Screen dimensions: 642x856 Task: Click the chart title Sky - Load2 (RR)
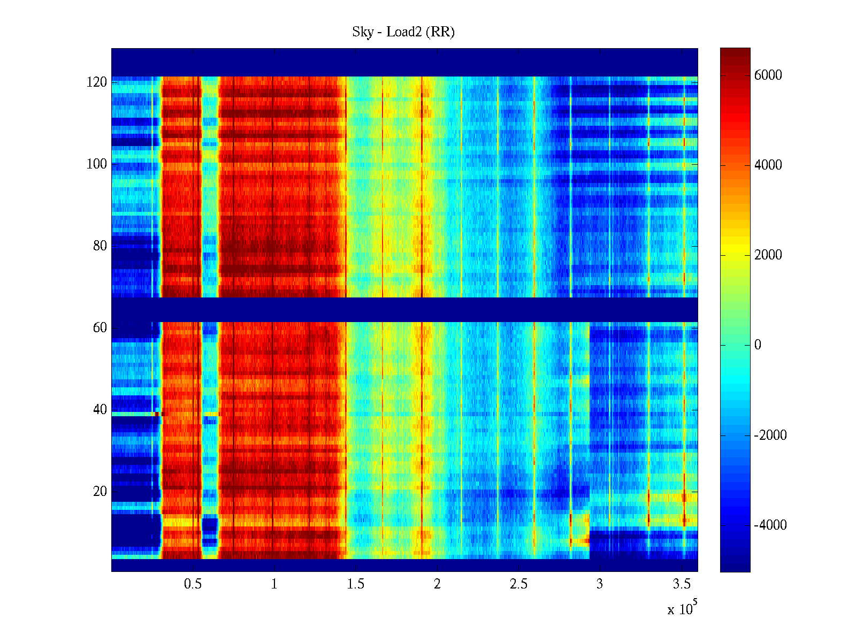403,32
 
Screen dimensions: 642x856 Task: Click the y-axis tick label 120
97,82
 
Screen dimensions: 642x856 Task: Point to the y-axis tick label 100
97,164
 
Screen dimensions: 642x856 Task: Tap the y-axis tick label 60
100,328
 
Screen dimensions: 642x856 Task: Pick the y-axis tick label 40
100,410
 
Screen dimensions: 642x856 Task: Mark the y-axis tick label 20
100,492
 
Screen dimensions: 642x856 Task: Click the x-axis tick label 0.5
193,584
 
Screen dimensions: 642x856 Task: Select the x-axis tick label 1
274,584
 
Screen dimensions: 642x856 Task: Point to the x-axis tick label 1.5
356,584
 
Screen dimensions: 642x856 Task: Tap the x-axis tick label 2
437,584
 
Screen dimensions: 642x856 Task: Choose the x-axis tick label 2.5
518,584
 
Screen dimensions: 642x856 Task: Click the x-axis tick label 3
600,584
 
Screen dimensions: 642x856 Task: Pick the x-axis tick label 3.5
682,584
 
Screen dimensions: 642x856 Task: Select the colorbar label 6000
768,75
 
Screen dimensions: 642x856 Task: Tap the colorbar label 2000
768,255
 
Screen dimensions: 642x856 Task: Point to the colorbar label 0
758,345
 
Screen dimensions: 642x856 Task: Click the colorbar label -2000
770,435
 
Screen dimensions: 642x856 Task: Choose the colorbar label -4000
770,525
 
